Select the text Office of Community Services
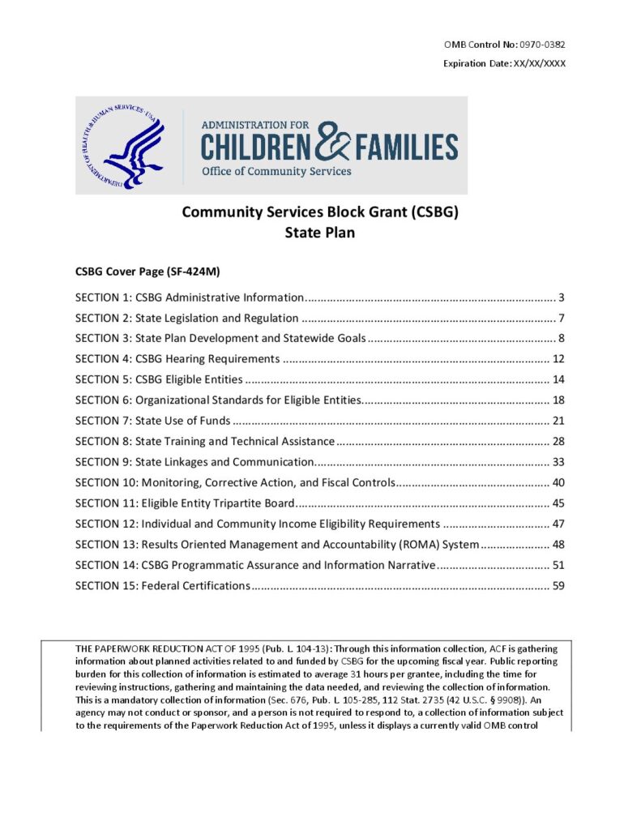[x=276, y=171]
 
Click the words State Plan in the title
[x=320, y=232]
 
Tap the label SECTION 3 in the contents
[x=102, y=338]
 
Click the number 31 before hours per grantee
[x=385, y=674]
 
